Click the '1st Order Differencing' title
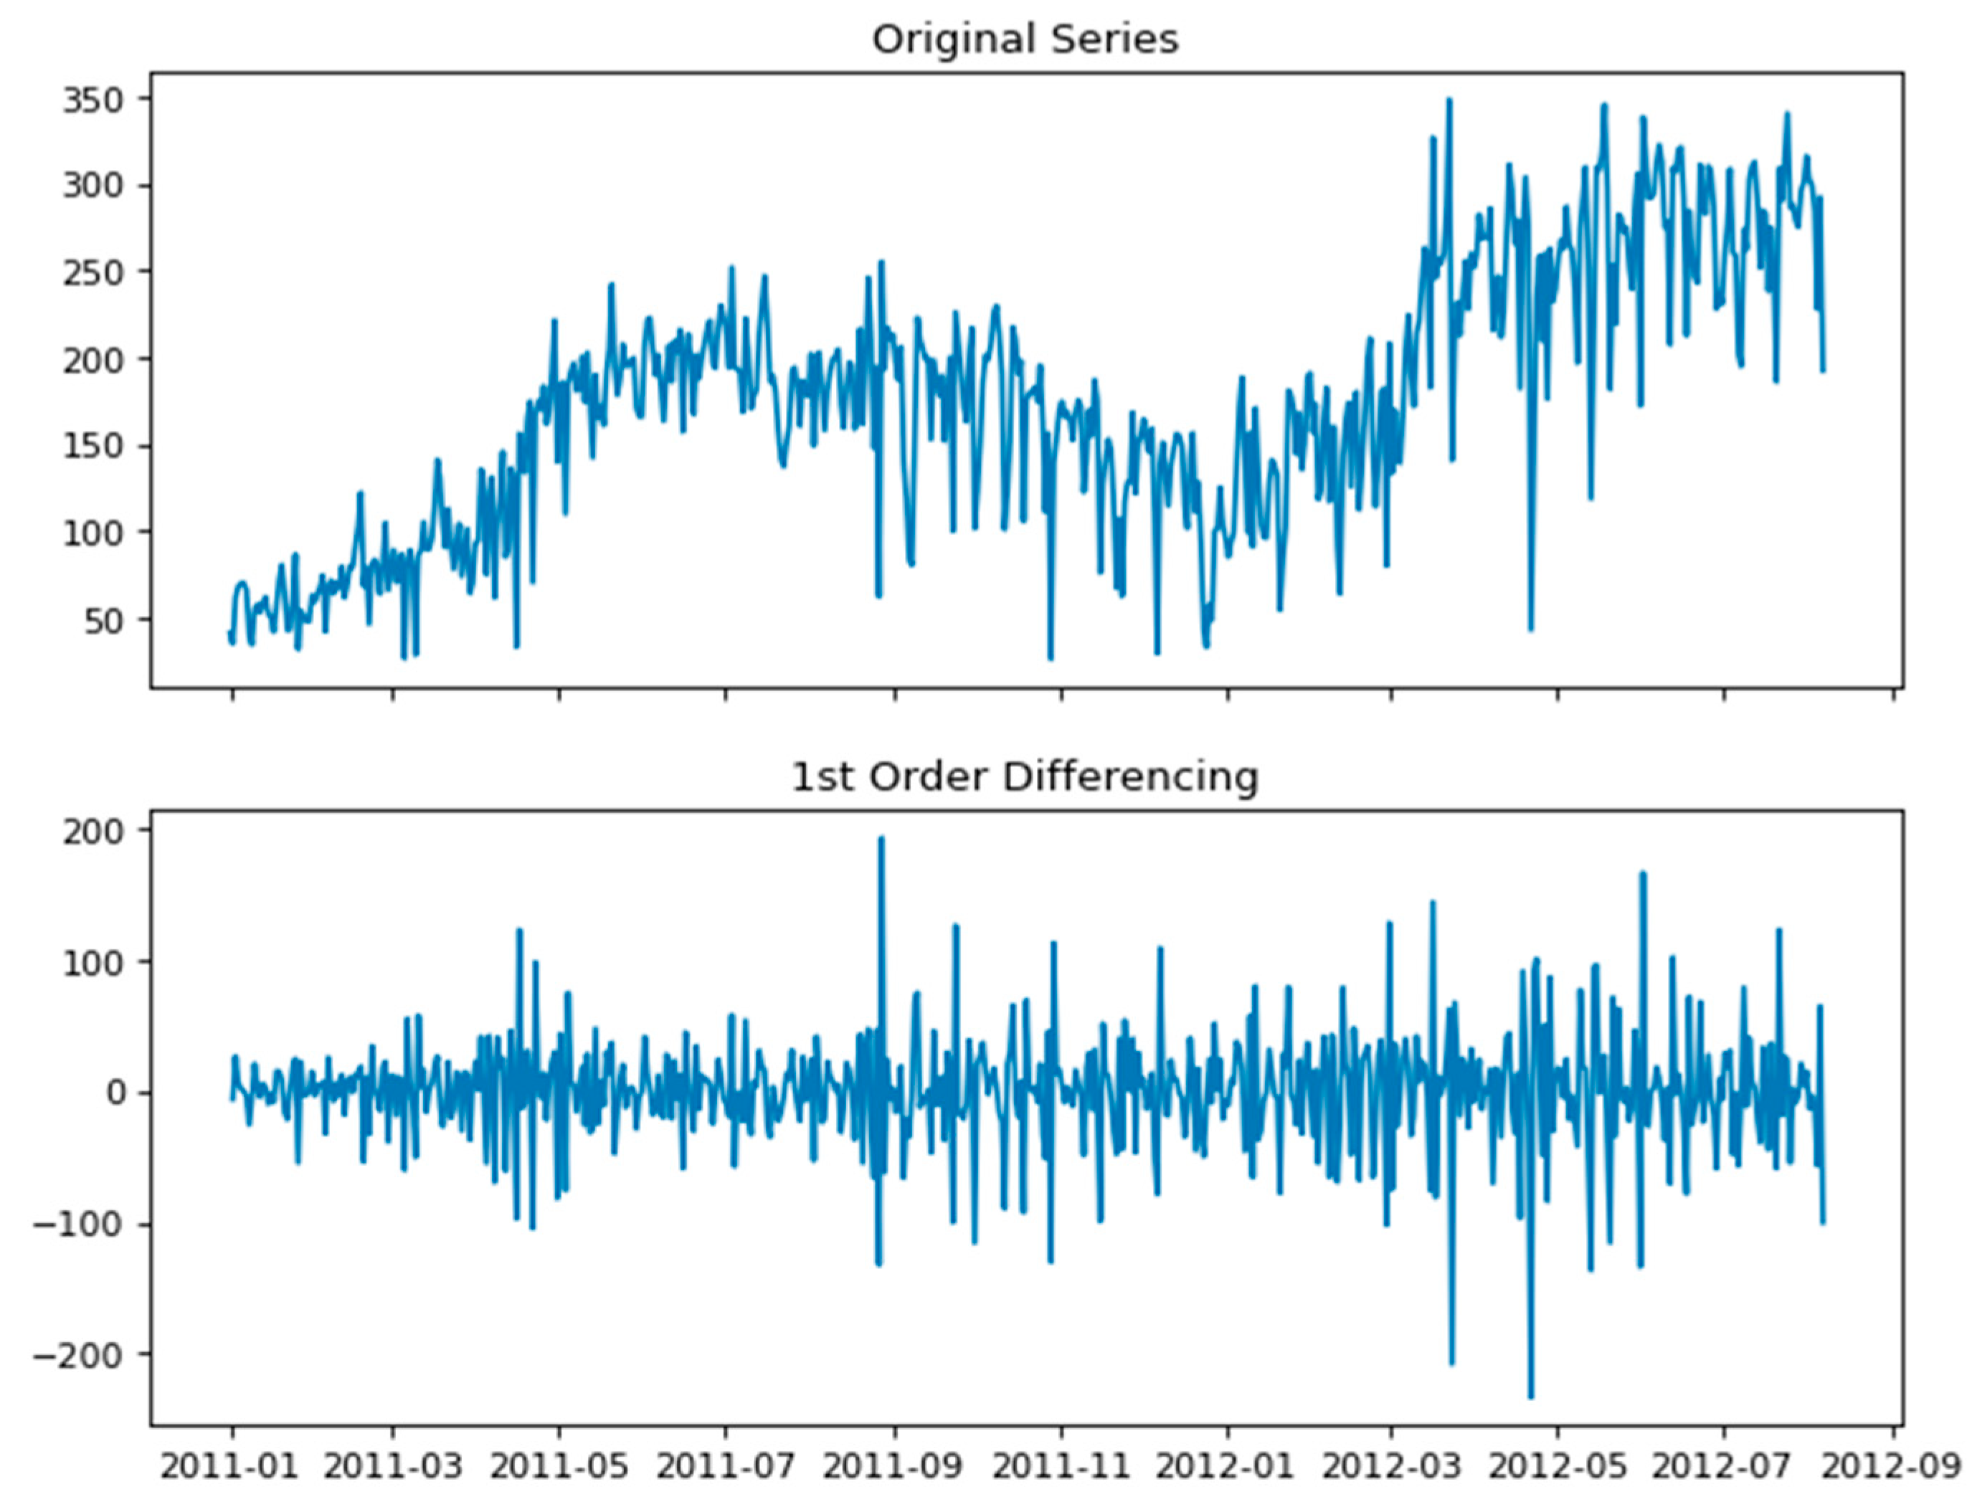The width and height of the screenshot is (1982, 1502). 1025,777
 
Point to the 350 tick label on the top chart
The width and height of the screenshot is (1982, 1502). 93,100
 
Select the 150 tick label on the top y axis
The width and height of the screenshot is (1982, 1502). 93,446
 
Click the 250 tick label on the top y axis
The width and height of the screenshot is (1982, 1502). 93,273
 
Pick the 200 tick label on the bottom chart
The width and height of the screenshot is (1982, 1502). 93,830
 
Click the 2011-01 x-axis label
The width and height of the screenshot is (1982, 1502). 232,1466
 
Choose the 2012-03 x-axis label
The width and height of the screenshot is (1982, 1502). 1392,1466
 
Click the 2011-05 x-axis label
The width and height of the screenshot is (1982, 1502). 560,1466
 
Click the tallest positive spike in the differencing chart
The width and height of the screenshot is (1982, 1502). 881,838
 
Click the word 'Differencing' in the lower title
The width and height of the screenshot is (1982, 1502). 1131,777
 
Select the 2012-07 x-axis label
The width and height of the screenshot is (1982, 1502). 1724,1466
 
